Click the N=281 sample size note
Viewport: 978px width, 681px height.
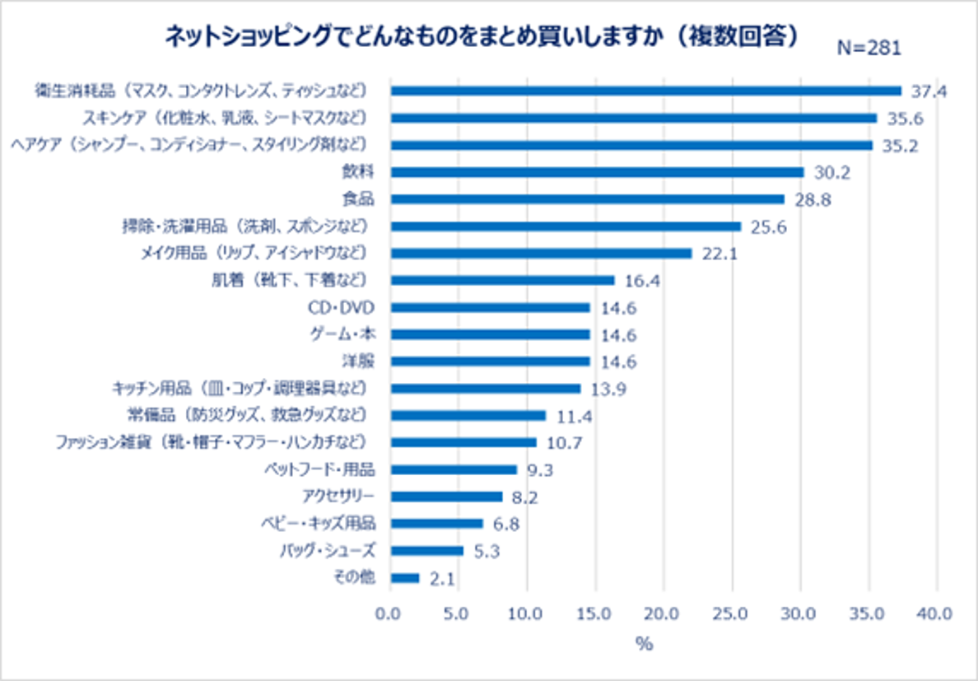point(869,48)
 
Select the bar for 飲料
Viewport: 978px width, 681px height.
point(597,172)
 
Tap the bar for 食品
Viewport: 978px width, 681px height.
point(587,198)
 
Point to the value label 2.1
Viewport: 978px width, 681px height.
point(444,579)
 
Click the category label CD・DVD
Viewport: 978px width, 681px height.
point(347,307)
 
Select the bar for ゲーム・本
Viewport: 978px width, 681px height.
point(490,334)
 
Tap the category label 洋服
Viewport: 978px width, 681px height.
point(360,361)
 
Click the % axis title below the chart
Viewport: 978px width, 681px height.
point(644,645)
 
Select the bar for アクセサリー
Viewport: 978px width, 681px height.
point(446,497)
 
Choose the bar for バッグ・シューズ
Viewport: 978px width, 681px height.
point(426,551)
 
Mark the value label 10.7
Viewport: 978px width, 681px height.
point(565,443)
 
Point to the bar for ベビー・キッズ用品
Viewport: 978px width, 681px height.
point(436,524)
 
